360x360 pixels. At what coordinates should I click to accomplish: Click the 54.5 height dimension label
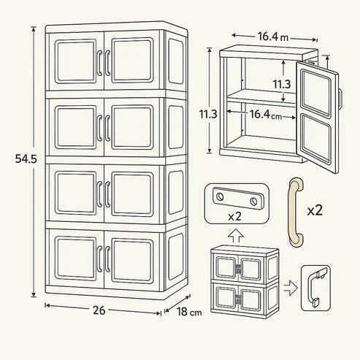click(x=26, y=159)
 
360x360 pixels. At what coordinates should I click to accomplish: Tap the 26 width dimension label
click(x=99, y=310)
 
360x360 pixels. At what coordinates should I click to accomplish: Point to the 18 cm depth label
click(x=189, y=312)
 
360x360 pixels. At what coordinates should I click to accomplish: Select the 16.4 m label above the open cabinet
click(x=273, y=37)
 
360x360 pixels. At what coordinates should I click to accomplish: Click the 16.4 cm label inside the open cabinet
click(x=266, y=115)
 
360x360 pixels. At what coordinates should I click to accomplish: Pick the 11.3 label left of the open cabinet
click(x=208, y=114)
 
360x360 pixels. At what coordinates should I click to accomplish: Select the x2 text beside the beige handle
click(x=315, y=210)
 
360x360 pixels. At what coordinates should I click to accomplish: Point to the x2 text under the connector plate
click(x=234, y=216)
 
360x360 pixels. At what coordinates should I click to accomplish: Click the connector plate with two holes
click(x=238, y=199)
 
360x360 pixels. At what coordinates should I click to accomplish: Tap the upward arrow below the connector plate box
click(x=235, y=235)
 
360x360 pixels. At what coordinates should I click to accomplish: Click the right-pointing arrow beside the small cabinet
click(x=291, y=288)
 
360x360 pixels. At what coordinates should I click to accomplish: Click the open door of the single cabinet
click(x=317, y=117)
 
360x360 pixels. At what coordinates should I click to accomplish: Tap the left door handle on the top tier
click(x=99, y=63)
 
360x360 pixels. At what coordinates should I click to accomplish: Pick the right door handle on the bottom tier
click(x=107, y=258)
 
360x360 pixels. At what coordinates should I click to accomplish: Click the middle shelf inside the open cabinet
click(x=261, y=98)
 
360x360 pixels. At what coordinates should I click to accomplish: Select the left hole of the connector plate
click(x=220, y=196)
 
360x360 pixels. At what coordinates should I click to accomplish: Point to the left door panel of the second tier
click(x=76, y=127)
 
